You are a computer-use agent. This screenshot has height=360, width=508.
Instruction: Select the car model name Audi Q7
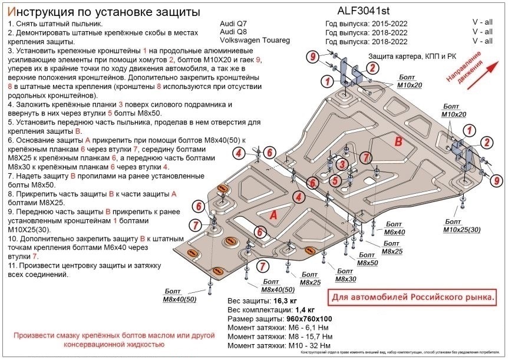tap(233, 23)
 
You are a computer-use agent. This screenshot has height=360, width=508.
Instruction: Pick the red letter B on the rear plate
tap(398, 142)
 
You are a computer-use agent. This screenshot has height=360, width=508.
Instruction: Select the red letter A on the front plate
tap(273, 216)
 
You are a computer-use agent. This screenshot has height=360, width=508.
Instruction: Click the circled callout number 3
tap(341, 164)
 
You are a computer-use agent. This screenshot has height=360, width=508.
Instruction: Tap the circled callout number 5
tap(334, 181)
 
